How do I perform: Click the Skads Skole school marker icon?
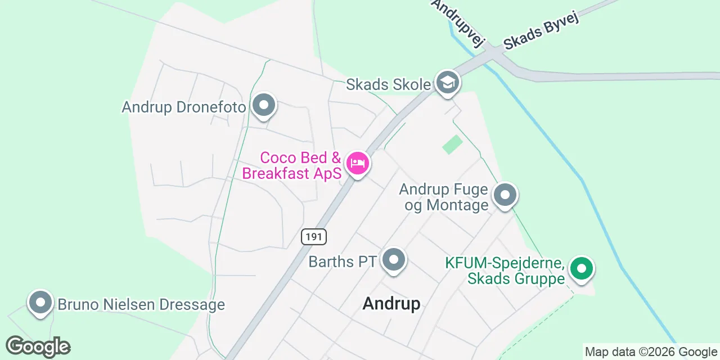[x=447, y=83]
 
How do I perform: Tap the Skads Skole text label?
[x=388, y=85]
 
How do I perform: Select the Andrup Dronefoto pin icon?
[x=263, y=105]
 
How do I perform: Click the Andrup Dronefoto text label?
[x=184, y=107]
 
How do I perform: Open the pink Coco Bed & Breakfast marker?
[x=357, y=164]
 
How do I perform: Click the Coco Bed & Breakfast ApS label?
[x=292, y=165]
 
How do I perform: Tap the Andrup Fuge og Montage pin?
[x=505, y=195]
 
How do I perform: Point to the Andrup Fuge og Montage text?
[x=444, y=197]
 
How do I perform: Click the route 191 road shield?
[x=313, y=237]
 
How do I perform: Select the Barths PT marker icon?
[x=394, y=260]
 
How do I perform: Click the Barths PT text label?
[x=342, y=262]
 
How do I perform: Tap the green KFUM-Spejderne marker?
[x=582, y=268]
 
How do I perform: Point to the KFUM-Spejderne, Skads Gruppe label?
[x=505, y=271]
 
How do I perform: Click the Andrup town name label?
[x=391, y=304]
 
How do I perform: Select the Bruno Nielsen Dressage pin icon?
[x=40, y=303]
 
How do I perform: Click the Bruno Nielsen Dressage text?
[x=141, y=305]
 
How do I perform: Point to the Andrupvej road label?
[x=458, y=22]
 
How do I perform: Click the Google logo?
[x=38, y=346]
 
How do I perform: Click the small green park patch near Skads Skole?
[x=452, y=145]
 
